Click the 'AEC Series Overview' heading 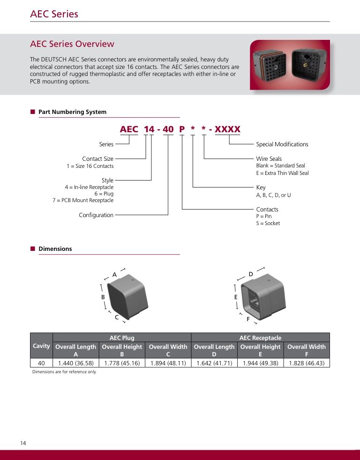(72, 44)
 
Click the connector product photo (290, 65)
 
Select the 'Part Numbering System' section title (72, 112)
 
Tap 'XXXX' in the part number (227, 129)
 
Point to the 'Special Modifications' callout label (282, 144)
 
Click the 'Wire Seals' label (269, 159)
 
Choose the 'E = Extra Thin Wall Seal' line (282, 173)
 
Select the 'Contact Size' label (98, 159)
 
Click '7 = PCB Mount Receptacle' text (83, 200)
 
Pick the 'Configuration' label (96, 215)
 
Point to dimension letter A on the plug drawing (114, 275)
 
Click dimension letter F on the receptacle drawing (248, 319)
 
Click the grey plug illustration (127, 296)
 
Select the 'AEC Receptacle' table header (260, 338)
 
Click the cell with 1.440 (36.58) (76, 363)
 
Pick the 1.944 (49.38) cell (260, 363)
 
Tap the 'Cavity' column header (41, 346)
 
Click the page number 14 (23, 443)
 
